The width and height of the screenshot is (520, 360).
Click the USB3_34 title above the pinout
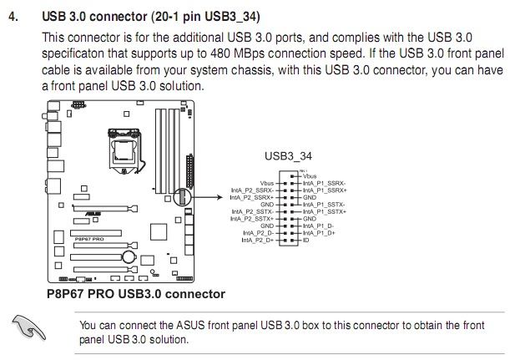(288, 155)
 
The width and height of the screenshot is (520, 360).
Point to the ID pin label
(306, 241)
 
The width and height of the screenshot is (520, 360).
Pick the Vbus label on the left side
(267, 183)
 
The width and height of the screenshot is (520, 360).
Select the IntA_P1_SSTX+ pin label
(325, 211)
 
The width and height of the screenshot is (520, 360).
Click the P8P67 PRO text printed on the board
(88, 238)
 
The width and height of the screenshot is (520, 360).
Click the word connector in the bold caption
(194, 294)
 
